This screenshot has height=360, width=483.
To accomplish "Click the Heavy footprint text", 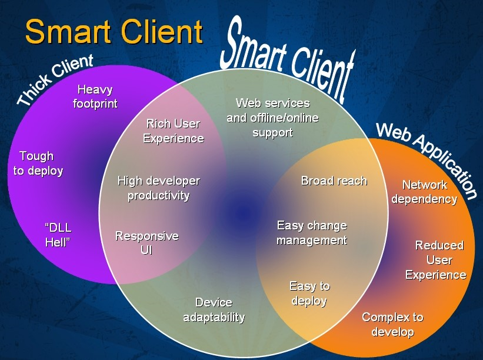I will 95,97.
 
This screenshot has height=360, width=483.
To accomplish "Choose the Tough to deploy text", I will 38,164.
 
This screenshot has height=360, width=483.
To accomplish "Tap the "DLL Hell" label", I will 58,235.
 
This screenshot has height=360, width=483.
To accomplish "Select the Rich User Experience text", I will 173,131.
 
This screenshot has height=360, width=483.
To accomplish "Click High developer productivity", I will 158,188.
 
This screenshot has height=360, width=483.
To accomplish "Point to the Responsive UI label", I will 146,244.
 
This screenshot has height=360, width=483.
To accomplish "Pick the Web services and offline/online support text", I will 272,118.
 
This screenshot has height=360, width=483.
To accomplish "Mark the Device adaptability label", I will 214,310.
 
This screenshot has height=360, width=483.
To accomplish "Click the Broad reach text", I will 334,181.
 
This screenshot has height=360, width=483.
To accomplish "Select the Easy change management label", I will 312,233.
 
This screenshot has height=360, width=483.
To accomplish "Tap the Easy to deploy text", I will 309,294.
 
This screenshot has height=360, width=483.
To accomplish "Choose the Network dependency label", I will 424,192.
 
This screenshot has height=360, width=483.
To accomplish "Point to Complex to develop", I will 392,325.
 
